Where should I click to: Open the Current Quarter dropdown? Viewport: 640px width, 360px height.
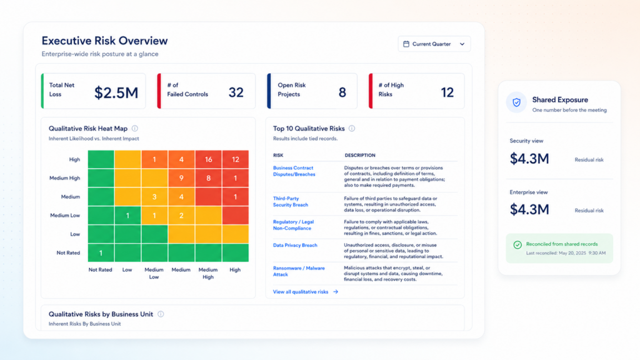tap(434, 44)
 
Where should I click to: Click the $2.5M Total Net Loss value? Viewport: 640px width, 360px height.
tap(116, 92)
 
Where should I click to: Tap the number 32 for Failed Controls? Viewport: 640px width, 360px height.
tap(236, 92)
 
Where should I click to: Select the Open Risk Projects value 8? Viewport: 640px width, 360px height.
tap(342, 92)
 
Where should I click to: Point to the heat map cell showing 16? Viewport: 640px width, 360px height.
tap(208, 159)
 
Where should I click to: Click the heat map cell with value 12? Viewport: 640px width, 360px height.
tap(236, 159)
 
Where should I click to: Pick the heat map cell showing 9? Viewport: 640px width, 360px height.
tap(181, 178)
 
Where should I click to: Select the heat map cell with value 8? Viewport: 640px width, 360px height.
tap(208, 178)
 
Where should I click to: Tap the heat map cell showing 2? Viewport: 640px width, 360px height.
tap(181, 215)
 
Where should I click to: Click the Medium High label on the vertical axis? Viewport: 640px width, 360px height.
tap(64, 178)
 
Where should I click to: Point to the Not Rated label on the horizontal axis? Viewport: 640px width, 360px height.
tap(101, 270)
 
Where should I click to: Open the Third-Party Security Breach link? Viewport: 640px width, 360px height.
tap(291, 202)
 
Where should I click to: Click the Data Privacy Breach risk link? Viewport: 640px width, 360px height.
tap(295, 245)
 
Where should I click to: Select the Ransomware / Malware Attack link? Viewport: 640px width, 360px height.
tap(299, 271)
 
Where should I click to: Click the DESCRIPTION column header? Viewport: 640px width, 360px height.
tap(360, 156)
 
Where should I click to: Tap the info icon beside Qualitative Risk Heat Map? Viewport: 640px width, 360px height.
tap(135, 129)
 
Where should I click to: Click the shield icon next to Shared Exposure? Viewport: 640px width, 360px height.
tap(517, 102)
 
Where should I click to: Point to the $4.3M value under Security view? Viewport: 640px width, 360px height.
tap(529, 159)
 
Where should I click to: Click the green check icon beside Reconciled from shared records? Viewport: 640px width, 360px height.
tap(517, 244)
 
